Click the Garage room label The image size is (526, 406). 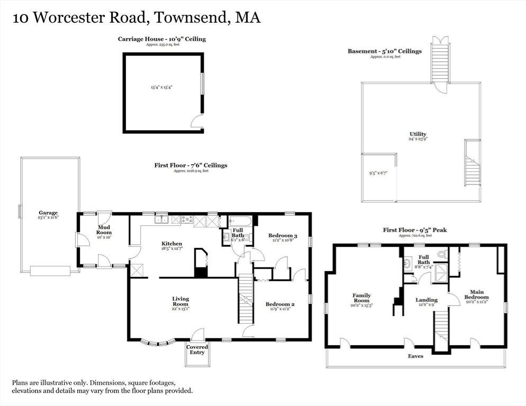[x=48, y=213]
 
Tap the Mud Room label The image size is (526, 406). [x=104, y=229]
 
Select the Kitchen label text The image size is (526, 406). [x=171, y=244]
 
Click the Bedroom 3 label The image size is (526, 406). [x=282, y=236]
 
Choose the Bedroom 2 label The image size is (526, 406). [x=280, y=304]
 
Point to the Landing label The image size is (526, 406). [x=426, y=300]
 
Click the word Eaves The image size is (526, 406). [x=415, y=356]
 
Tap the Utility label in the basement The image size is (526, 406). [x=418, y=134]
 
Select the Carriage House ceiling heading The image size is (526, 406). [x=161, y=39]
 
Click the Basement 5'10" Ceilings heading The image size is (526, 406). [x=384, y=51]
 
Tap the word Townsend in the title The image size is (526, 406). [x=192, y=17]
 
